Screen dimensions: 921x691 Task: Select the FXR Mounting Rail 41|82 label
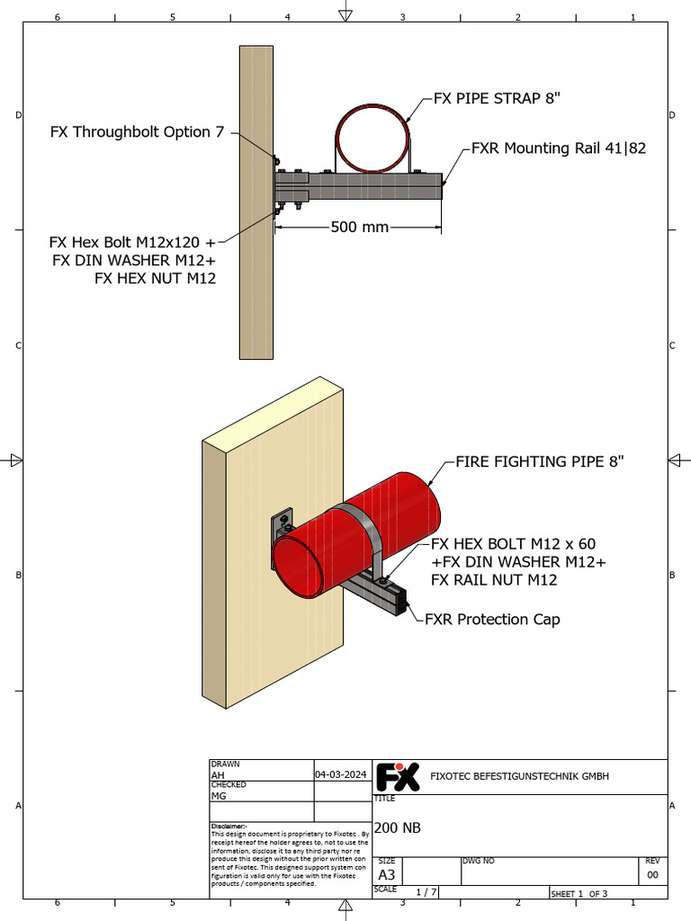tap(559, 148)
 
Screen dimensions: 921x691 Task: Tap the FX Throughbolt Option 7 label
tap(137, 132)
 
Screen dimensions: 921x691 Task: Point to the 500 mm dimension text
tap(359, 227)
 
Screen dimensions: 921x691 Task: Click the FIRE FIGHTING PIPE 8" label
tap(539, 461)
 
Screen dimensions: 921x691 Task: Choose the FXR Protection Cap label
tap(492, 619)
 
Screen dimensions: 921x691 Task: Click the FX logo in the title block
tap(397, 776)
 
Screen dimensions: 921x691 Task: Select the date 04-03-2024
tap(341, 774)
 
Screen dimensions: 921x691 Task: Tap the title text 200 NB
tap(397, 828)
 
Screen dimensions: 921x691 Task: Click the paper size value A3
tap(387, 875)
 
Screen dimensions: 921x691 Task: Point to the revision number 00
tap(652, 875)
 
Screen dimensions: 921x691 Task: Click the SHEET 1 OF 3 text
tap(579, 893)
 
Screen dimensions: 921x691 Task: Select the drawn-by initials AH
tap(217, 774)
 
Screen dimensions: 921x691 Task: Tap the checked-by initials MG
tap(218, 796)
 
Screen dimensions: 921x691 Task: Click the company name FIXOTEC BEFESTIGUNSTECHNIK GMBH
tap(520, 776)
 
